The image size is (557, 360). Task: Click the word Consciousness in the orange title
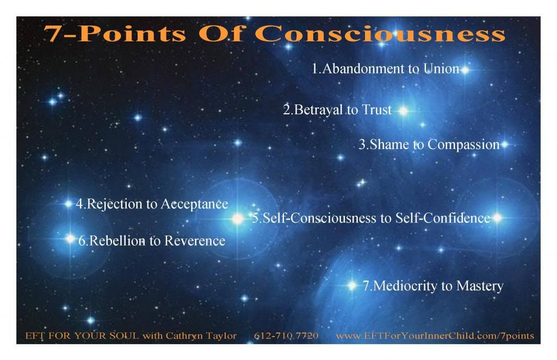click(380, 34)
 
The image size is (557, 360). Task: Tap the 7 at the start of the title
click(53, 34)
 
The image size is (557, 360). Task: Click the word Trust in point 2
click(376, 110)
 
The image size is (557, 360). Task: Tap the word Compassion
click(463, 145)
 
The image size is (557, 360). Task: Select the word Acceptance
click(194, 204)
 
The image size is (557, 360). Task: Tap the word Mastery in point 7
click(480, 286)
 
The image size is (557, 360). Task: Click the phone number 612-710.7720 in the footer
click(286, 336)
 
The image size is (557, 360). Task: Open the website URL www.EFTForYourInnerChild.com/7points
click(435, 336)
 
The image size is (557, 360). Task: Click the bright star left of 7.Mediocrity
click(352, 285)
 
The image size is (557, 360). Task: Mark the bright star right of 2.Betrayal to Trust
click(403, 111)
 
